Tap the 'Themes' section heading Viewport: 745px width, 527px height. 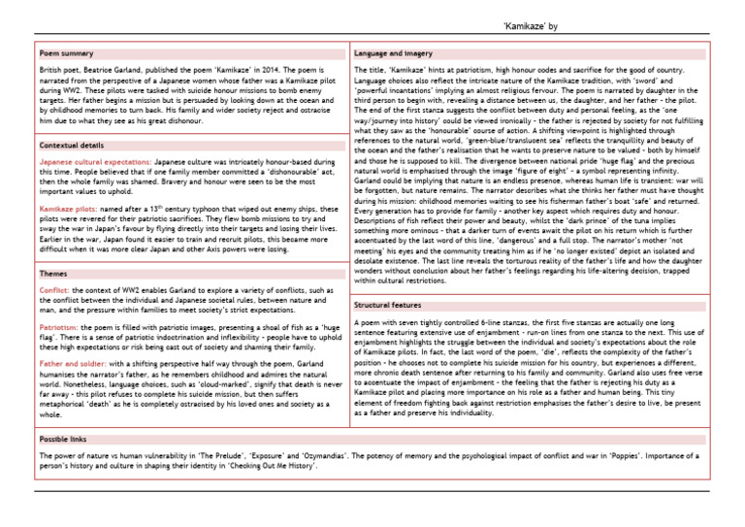[x=53, y=274]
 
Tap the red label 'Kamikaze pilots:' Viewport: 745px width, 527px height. [x=66, y=208]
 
